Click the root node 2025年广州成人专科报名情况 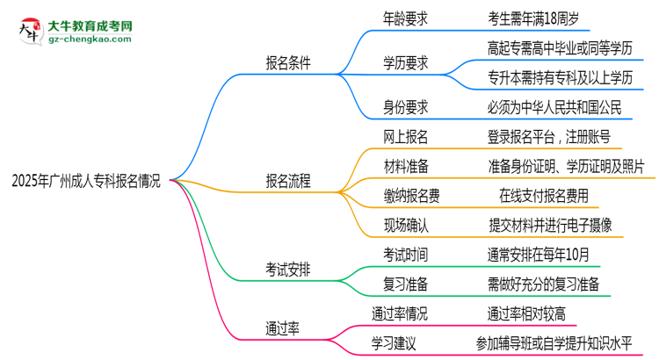86,182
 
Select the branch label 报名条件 289,63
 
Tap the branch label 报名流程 289,182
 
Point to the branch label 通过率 283,328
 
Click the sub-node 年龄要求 405,16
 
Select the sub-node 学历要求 405,63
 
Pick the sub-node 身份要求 405,107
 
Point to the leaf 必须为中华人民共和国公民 554,107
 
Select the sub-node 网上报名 405,136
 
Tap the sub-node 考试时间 405,255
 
